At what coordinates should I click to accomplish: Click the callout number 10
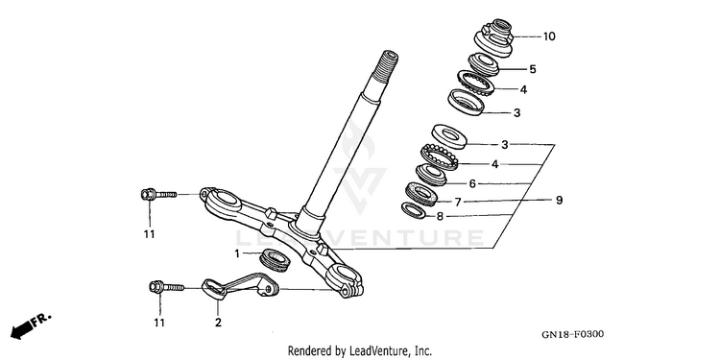549,36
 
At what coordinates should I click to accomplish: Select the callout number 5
533,69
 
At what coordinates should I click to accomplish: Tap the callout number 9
560,201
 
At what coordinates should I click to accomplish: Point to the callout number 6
472,184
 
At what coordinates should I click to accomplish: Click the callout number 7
458,202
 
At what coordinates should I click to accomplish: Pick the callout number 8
440,216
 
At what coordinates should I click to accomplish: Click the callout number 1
237,253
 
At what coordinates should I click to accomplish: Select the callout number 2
218,323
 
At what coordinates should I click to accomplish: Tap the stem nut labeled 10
494,37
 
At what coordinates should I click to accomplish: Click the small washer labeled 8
413,210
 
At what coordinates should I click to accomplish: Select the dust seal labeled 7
421,194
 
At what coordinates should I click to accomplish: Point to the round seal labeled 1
275,260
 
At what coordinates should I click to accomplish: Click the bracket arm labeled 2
240,286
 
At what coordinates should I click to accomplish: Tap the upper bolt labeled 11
158,195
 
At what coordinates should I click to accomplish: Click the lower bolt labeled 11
167,287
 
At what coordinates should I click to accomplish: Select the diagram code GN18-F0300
572,334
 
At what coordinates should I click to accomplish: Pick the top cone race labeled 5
484,64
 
